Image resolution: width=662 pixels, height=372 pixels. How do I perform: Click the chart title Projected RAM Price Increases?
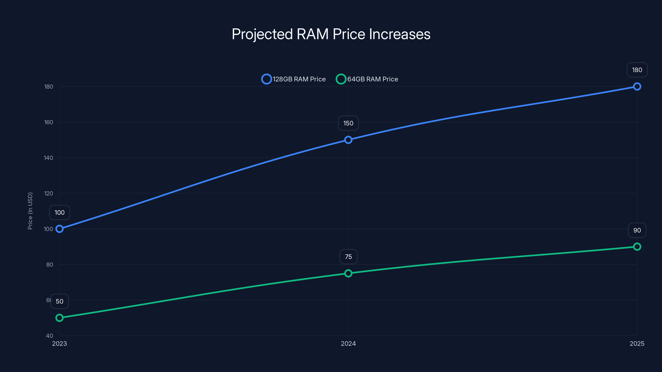click(331, 34)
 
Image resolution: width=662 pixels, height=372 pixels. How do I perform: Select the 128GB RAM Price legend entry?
click(294, 79)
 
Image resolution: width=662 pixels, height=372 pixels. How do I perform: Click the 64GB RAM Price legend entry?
click(367, 79)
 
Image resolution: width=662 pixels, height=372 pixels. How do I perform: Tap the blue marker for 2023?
click(59, 229)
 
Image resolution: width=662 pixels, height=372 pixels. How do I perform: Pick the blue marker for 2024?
click(348, 140)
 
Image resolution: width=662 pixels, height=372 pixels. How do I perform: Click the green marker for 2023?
click(59, 318)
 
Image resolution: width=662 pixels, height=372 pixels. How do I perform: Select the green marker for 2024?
click(348, 273)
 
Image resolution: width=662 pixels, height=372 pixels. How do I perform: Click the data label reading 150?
click(348, 123)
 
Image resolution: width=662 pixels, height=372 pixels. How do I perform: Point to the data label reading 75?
click(348, 257)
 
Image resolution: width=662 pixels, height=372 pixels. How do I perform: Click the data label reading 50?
click(59, 301)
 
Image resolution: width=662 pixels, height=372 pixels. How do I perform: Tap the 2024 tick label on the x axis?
click(348, 343)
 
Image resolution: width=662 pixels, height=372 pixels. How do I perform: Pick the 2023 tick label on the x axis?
click(59, 343)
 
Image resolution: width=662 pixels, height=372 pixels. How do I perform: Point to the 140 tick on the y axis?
click(49, 158)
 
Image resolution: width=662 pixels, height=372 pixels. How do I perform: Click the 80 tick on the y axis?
click(50, 265)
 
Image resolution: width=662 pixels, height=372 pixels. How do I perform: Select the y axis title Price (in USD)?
click(30, 211)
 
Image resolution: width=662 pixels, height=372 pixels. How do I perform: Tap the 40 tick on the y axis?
click(50, 336)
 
